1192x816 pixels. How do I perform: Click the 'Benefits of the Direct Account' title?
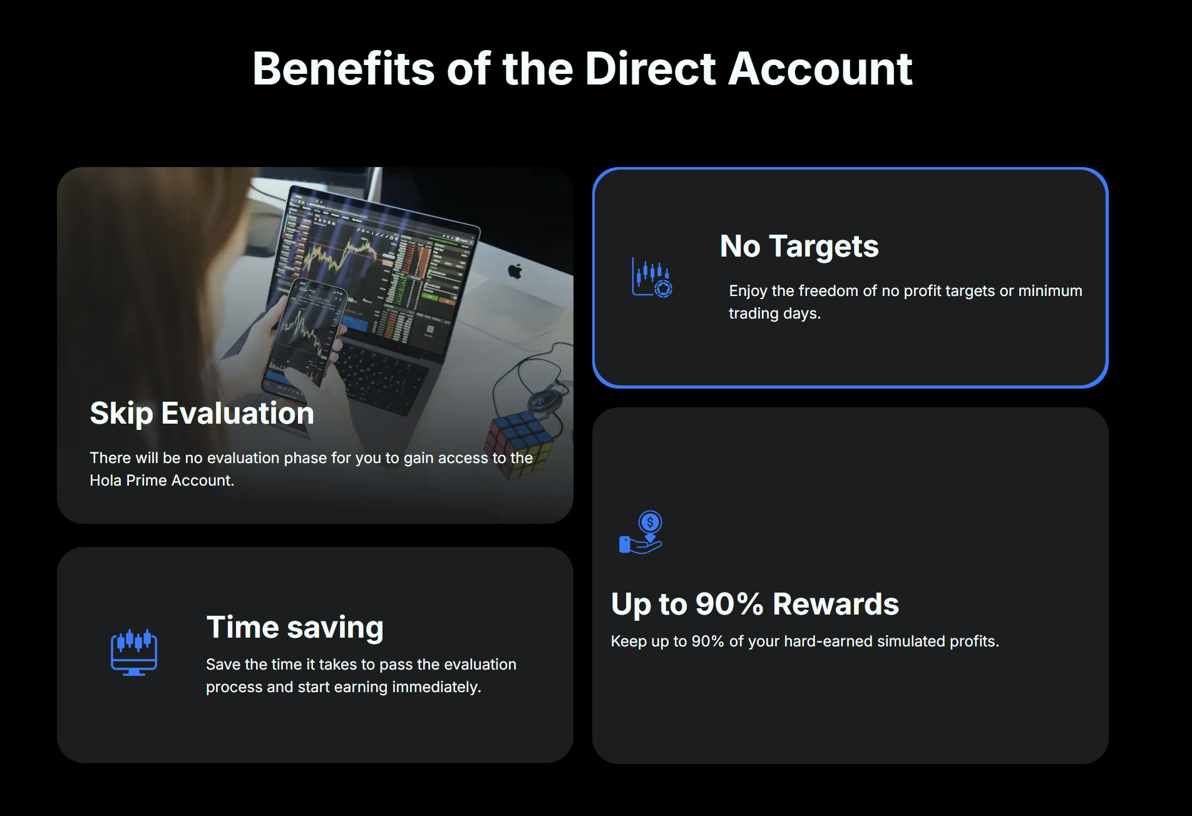click(x=582, y=68)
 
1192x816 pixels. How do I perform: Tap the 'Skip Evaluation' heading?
click(x=202, y=414)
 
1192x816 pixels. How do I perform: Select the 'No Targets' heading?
click(x=799, y=247)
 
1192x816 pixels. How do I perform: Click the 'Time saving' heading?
click(x=295, y=628)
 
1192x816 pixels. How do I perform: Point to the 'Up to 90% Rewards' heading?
click(x=755, y=604)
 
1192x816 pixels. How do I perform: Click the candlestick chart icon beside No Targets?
click(x=652, y=277)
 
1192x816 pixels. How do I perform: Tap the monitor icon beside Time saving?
click(x=134, y=652)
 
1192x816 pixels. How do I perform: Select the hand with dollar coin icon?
click(x=641, y=532)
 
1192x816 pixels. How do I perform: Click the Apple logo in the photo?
click(x=515, y=271)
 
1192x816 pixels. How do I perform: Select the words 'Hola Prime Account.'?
click(x=162, y=481)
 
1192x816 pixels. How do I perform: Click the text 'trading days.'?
click(x=774, y=314)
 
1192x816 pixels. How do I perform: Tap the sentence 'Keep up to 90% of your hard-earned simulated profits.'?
click(x=805, y=641)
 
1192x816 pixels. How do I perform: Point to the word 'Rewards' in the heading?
click(x=836, y=604)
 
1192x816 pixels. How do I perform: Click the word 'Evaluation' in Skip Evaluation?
click(x=238, y=414)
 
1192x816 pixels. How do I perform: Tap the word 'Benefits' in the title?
click(x=343, y=68)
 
